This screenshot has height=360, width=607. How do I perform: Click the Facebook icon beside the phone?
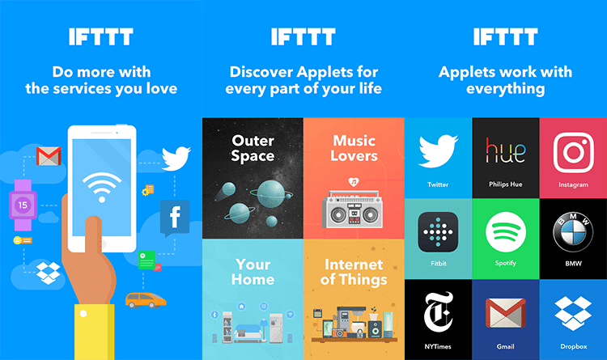pyautogui.click(x=175, y=218)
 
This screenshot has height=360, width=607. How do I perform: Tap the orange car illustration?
pyautogui.click(x=146, y=300)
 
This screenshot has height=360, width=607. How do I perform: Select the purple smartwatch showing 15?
pyautogui.click(x=23, y=205)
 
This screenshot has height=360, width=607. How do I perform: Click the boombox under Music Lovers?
pyautogui.click(x=352, y=209)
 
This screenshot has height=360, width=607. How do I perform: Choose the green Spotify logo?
pyautogui.click(x=506, y=232)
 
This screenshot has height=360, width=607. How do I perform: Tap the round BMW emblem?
pyautogui.click(x=573, y=232)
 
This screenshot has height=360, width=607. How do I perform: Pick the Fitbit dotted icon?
pyautogui.click(x=438, y=232)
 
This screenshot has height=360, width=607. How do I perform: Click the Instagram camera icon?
pyautogui.click(x=573, y=153)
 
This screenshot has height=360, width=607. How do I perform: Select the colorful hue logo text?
pyautogui.click(x=506, y=150)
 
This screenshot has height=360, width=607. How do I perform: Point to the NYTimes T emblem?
pyautogui.click(x=438, y=311)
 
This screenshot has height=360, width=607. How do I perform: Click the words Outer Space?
pyautogui.click(x=253, y=148)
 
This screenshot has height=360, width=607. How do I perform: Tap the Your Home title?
pyautogui.click(x=253, y=272)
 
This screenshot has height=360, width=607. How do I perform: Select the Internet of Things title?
pyautogui.click(x=354, y=272)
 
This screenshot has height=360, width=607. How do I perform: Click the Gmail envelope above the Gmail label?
pyautogui.click(x=506, y=313)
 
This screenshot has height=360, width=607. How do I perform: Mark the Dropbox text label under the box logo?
pyautogui.click(x=573, y=346)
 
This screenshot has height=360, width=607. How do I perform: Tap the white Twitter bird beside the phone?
pyautogui.click(x=176, y=158)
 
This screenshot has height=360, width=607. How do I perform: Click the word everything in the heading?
pyautogui.click(x=506, y=89)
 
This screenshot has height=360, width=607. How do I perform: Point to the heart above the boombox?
pyautogui.click(x=354, y=181)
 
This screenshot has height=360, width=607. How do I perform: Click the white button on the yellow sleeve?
pyautogui.click(x=83, y=314)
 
